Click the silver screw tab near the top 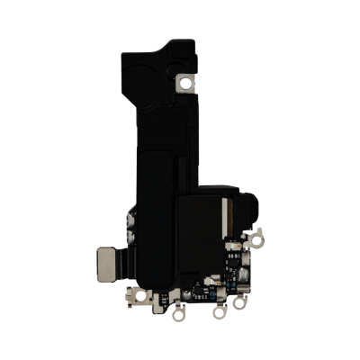pyautogui.click(x=187, y=84)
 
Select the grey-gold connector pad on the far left pyautogui.click(x=107, y=262)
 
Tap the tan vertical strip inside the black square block pyautogui.click(x=225, y=217)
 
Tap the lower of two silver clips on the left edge pyautogui.click(x=131, y=238)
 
